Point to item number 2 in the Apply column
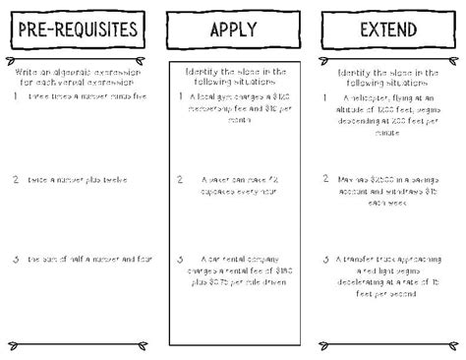pos(179,180)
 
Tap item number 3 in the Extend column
pos(326,259)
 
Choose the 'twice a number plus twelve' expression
pos(79,180)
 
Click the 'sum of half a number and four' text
pos(83,259)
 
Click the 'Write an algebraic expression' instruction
pos(79,77)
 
